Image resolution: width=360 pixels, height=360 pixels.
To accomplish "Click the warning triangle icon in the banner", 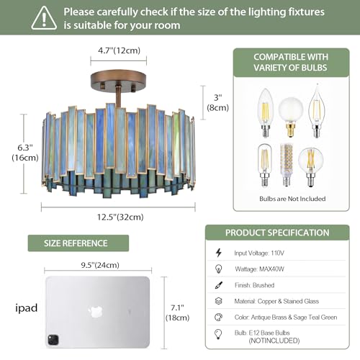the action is click(44, 18).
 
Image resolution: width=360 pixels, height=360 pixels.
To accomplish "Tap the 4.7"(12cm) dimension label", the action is click(119, 50).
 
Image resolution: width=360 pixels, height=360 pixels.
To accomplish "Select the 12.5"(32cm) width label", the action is click(120, 217).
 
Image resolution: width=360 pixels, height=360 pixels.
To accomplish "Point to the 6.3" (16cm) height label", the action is click(25, 153).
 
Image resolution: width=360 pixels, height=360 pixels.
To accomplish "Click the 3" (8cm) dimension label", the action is click(217, 102).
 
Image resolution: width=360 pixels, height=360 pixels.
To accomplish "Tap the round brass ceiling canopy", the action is click(118, 81).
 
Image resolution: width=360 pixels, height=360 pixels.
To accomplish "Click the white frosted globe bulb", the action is click(290, 117).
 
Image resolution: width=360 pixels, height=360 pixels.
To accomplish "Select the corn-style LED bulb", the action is click(287, 165).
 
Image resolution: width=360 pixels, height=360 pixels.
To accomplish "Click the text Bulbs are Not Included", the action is click(292, 199).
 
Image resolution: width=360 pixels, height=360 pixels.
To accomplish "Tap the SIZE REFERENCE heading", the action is click(76, 243).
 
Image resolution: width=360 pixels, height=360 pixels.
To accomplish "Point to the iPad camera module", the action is click(53, 339).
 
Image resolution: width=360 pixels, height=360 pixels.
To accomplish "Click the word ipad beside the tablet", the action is click(27, 308).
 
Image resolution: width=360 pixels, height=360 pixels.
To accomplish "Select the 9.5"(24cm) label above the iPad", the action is click(100, 265).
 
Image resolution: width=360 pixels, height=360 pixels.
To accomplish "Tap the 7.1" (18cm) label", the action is click(177, 312).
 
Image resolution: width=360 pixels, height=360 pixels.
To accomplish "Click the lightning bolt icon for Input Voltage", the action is click(218, 253).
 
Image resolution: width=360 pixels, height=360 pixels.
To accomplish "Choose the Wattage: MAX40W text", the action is click(259, 269).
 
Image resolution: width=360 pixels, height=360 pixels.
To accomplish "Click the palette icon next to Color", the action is click(218, 318).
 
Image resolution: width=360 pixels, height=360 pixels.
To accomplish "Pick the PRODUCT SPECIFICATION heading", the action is click(277, 233).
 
